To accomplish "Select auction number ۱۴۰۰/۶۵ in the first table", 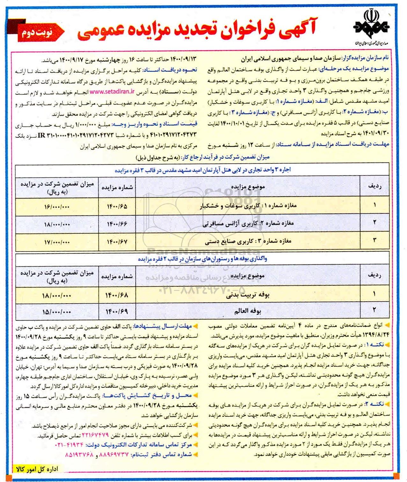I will tap(117, 206).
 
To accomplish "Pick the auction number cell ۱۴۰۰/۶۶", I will tap(117, 224).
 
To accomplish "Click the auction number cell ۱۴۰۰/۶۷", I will tap(117, 242).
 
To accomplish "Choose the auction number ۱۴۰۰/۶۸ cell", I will tap(117, 295).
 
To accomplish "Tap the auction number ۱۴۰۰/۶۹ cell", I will tap(117, 311).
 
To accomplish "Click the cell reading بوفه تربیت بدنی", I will tap(248, 295).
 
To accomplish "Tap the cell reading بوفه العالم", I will tap(248, 311).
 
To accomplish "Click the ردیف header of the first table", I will tap(374, 187).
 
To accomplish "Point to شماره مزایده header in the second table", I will tap(117, 277).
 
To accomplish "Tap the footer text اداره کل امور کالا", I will tap(37, 469).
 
